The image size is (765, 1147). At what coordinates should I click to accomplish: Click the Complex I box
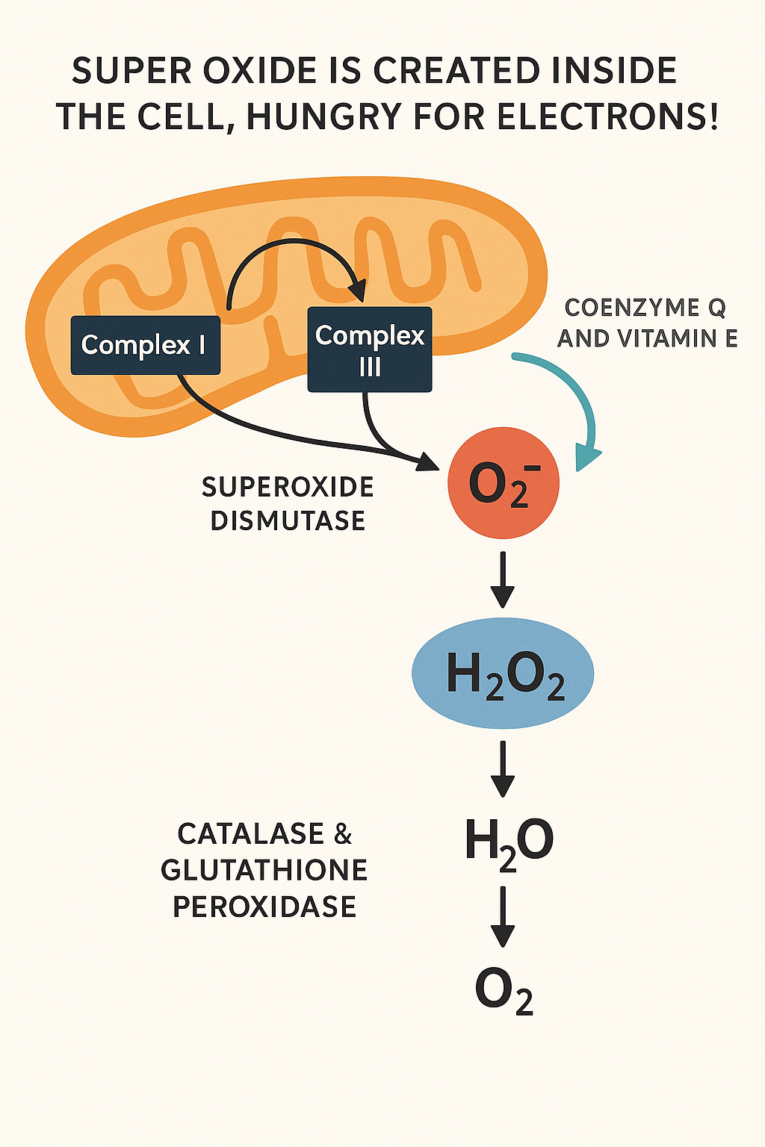(145, 345)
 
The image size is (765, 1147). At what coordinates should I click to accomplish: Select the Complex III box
(370, 349)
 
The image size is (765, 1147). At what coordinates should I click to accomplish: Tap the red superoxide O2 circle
(503, 482)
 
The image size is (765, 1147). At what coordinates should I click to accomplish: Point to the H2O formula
(509, 842)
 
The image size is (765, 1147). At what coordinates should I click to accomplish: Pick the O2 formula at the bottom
(504, 991)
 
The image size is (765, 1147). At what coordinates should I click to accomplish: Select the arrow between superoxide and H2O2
(503, 579)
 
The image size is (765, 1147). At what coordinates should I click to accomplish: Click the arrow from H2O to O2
(503, 916)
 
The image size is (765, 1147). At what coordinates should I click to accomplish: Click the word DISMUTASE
(288, 520)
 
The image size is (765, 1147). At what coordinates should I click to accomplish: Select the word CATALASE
(250, 833)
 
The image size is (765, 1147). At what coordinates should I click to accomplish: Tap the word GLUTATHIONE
(264, 870)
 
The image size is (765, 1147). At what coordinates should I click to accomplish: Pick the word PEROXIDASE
(264, 907)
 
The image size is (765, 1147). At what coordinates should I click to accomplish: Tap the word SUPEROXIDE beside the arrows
(288, 487)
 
